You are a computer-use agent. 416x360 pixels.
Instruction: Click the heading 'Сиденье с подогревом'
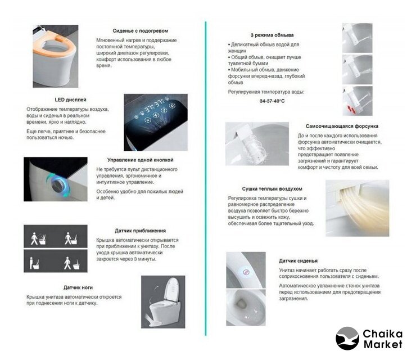140,31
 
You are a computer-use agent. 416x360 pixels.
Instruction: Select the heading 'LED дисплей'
70,100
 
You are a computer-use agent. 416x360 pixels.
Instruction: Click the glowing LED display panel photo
156,122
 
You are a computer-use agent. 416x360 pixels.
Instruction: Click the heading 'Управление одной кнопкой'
140,160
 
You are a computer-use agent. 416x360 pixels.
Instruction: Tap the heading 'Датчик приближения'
140,231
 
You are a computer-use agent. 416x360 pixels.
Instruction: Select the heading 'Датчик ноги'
78,287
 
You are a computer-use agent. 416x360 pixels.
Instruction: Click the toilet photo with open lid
163,302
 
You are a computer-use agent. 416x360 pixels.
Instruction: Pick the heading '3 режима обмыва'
272,35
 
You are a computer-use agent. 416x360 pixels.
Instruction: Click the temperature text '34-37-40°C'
272,101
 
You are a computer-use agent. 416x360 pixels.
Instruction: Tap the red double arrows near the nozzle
351,109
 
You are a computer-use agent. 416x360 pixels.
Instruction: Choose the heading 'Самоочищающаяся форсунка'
342,126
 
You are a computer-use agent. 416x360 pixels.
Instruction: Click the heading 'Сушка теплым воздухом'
272,189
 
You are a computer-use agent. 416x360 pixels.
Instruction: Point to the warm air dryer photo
357,208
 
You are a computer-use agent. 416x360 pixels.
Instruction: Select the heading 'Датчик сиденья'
298,260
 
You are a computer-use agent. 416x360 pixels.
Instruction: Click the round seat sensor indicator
246,272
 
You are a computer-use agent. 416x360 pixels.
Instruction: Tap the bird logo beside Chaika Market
347,339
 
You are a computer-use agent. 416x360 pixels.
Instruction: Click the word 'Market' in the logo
383,345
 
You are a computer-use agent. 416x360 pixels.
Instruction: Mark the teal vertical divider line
206,178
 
